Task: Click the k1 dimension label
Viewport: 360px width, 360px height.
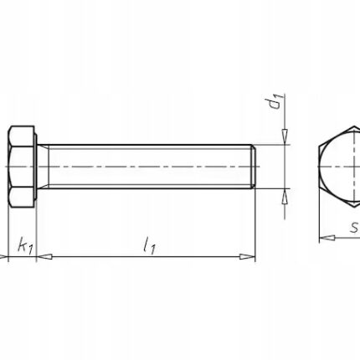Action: pyautogui.click(x=26, y=246)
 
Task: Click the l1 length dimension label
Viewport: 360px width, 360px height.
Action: pyautogui.click(x=149, y=246)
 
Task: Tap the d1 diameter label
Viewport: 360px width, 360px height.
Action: pyautogui.click(x=276, y=102)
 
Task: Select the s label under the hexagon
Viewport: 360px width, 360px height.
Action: pyautogui.click(x=354, y=228)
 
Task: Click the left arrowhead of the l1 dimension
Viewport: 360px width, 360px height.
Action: pyautogui.click(x=44, y=256)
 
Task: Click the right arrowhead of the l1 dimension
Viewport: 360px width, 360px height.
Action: pyautogui.click(x=248, y=256)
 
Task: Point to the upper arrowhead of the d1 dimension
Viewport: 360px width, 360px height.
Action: pyautogui.click(x=285, y=136)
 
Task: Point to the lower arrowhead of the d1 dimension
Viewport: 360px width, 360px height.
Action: pyautogui.click(x=285, y=197)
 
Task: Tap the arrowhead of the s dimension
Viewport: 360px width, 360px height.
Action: pyautogui.click(x=327, y=238)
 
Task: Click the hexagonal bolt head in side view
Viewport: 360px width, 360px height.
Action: pyautogui.click(x=22, y=167)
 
